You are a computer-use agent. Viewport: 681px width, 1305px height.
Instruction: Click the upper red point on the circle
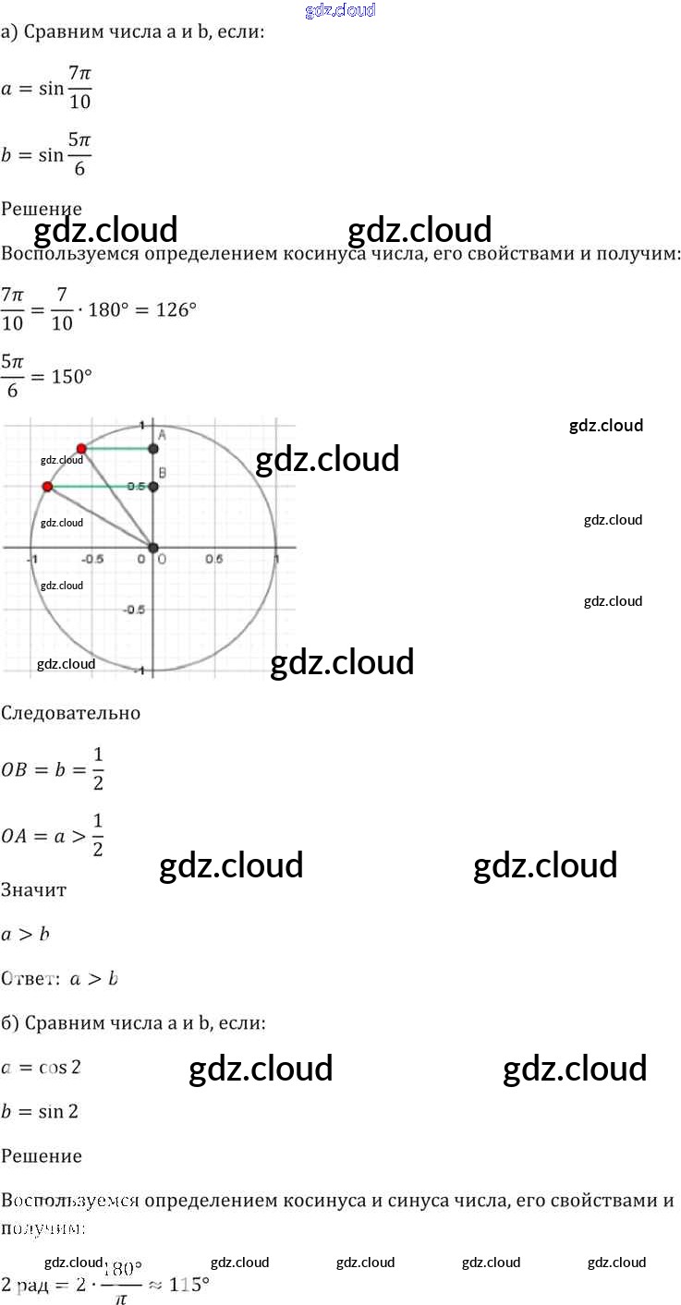tap(81, 448)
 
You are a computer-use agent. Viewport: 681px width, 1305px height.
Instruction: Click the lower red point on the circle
tap(47, 486)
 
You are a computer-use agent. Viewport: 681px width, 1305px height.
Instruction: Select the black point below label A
tap(153, 449)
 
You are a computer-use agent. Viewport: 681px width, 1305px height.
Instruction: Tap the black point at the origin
tap(153, 548)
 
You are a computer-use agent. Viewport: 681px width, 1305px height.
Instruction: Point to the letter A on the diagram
tap(162, 434)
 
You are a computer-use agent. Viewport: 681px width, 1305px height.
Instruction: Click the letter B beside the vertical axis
tap(163, 474)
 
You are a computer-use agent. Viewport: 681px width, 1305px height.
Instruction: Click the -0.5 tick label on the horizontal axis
tap(93, 559)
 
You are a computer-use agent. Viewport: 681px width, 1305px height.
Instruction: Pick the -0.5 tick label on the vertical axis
tap(138, 610)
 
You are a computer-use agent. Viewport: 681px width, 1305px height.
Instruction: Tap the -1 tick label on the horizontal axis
tap(32, 559)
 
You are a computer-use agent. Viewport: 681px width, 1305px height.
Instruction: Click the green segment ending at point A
tap(117, 449)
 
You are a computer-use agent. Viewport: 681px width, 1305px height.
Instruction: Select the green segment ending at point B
tap(100, 486)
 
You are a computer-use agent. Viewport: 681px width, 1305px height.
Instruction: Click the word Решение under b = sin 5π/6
tap(42, 209)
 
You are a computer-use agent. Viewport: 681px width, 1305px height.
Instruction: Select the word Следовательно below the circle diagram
tap(71, 713)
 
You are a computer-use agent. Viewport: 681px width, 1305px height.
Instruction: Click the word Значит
tap(33, 889)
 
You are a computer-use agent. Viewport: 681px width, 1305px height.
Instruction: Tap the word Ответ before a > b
tap(29, 978)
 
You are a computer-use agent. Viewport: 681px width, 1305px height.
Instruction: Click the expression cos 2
tap(60, 1067)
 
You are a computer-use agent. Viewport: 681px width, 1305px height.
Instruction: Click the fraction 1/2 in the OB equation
tap(98, 768)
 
